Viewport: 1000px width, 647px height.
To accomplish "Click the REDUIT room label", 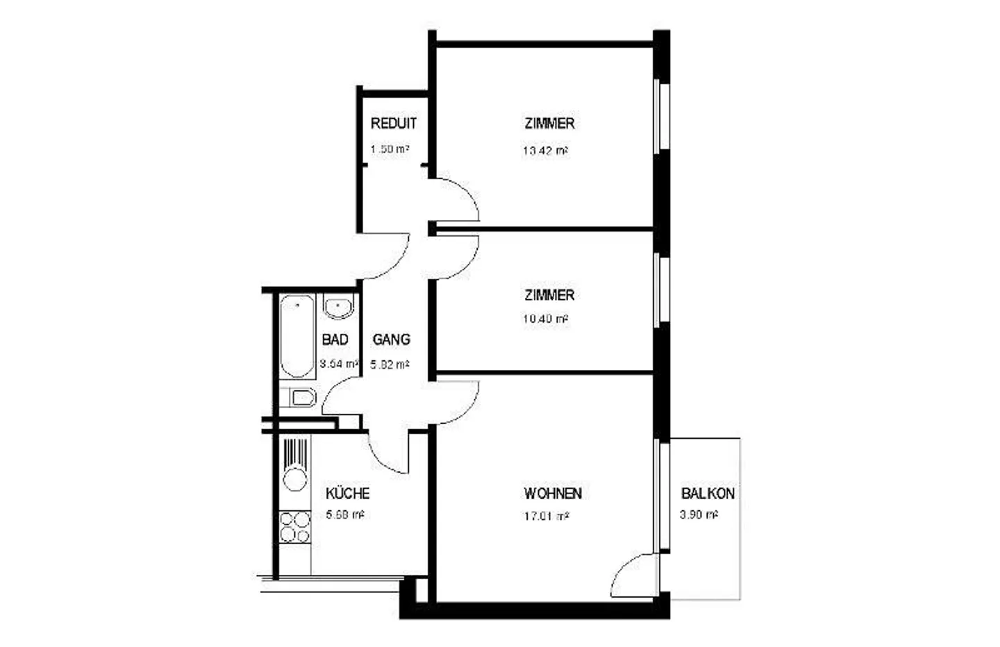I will point(393,124).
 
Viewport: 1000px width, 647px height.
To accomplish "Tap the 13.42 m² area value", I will point(546,150).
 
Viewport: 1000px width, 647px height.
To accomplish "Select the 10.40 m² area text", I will point(546,319).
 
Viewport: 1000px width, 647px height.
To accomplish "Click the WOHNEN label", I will point(553,494).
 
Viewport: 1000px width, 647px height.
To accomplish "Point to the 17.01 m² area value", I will point(546,516).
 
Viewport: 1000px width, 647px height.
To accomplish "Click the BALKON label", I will point(708,494).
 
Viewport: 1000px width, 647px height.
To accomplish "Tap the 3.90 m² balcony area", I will point(699,515).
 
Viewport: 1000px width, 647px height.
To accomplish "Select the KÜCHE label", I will point(347,494).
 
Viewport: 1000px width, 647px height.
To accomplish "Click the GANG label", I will point(391,339).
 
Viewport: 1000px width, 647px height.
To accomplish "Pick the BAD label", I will point(335,339).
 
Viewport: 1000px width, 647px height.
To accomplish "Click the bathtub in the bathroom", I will point(297,337).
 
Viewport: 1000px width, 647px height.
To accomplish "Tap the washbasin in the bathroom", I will point(339,306).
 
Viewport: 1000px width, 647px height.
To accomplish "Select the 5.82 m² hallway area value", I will point(390,364).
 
